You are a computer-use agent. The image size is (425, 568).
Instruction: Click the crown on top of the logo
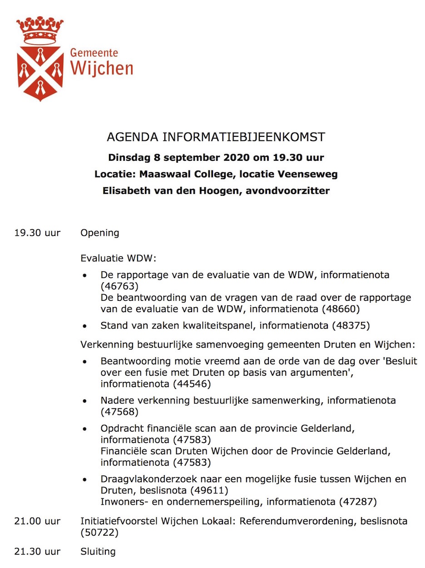point(40,30)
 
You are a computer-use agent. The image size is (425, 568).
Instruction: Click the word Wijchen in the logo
point(102,68)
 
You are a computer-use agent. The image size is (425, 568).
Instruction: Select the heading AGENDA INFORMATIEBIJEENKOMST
point(216,137)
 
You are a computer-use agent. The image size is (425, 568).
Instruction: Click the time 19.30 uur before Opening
point(37,233)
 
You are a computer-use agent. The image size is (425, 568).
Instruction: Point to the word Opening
point(100,233)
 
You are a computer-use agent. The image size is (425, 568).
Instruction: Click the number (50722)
point(99,533)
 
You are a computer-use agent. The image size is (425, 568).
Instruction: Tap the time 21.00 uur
point(37,521)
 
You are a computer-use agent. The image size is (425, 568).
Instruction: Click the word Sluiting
point(98,552)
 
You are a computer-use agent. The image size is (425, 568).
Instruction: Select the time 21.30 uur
point(37,552)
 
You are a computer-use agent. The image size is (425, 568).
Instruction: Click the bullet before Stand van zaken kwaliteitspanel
point(84,326)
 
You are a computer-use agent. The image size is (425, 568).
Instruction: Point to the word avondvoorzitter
point(288,190)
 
